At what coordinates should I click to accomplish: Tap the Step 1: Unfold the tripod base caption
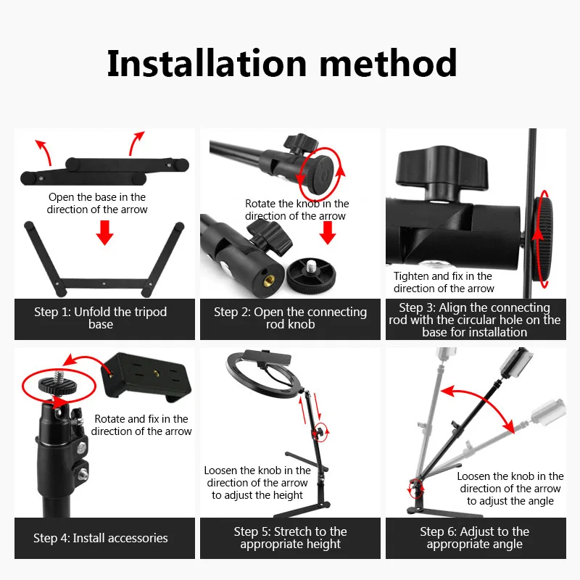pos(101,318)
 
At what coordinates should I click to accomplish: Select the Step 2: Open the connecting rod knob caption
pos(290,318)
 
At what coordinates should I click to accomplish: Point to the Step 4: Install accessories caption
pos(101,538)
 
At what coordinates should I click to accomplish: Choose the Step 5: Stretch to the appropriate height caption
pos(290,538)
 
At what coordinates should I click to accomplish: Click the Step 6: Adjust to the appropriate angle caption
pos(475,538)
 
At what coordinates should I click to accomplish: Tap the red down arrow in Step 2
pos(328,233)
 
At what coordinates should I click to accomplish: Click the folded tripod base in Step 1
pos(105,168)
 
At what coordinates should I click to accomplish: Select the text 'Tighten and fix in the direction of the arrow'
pos(444,282)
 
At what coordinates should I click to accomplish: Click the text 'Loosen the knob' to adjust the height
pos(257,483)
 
